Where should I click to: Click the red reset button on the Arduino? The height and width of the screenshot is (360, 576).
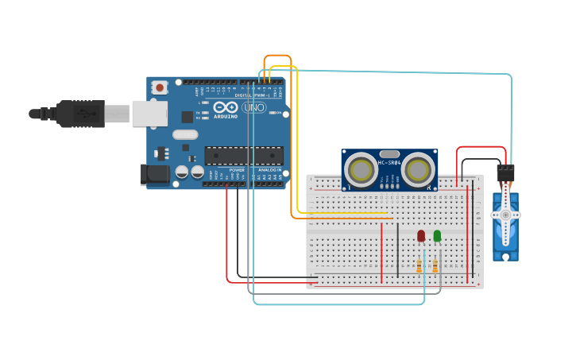[160, 87]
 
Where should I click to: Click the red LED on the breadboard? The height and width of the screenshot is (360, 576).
[421, 235]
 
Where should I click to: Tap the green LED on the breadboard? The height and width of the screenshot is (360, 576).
[437, 235]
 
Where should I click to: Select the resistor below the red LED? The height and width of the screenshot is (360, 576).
[419, 267]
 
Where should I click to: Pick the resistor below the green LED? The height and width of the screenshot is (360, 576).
[435, 267]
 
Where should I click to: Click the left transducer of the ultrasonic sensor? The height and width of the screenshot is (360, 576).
[361, 169]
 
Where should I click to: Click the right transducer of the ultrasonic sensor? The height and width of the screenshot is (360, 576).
[417, 168]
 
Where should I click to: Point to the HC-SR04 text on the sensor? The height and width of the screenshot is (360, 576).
[389, 163]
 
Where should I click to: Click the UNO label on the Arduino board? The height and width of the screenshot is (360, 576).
[253, 107]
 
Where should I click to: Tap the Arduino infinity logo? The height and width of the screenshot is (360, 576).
[226, 107]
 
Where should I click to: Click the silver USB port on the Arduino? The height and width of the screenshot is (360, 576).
[149, 114]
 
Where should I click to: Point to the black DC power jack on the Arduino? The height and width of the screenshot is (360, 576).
[155, 175]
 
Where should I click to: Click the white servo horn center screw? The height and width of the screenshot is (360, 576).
[505, 215]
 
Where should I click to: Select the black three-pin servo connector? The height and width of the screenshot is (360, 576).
[505, 172]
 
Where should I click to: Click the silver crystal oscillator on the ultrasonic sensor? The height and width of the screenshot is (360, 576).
[389, 153]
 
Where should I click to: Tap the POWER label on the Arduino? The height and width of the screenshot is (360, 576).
[237, 169]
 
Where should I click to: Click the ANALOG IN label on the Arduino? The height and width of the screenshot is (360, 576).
[268, 169]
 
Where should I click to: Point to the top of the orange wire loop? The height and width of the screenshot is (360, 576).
[277, 56]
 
